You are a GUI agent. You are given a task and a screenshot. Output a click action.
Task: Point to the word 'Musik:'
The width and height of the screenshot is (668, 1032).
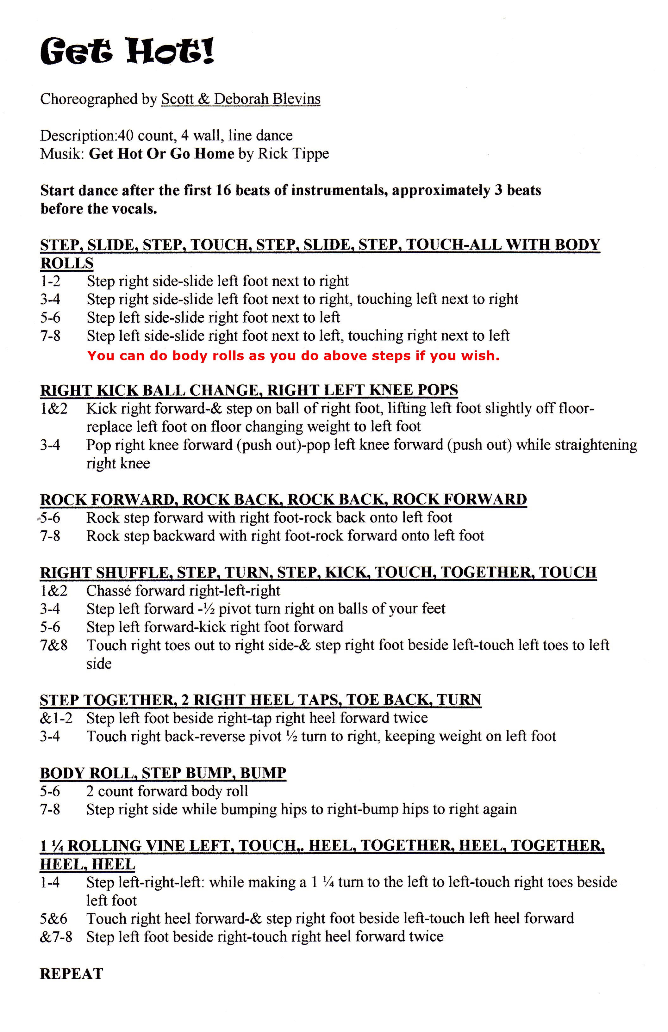(x=62, y=154)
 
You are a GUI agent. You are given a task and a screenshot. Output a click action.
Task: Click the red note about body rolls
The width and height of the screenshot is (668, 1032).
(x=293, y=356)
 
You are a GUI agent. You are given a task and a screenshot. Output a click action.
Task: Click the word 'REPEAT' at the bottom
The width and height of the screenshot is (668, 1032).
(x=72, y=973)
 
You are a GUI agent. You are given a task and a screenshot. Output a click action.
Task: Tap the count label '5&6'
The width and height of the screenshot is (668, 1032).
(x=54, y=918)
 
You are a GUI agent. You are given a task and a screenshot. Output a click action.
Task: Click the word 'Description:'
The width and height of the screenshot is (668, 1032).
(x=78, y=136)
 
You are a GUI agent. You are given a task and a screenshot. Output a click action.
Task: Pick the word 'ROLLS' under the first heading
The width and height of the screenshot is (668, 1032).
(x=67, y=263)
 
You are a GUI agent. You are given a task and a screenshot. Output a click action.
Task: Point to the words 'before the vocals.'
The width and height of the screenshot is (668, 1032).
(x=99, y=209)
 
